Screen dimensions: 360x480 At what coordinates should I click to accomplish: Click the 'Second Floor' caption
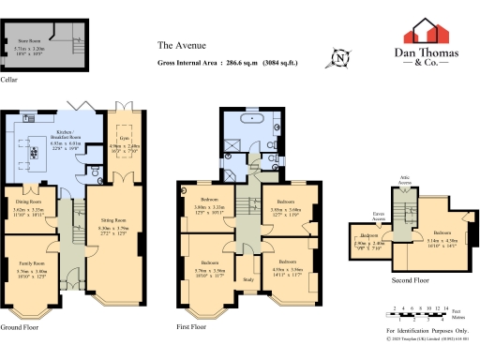pyautogui.click(x=410, y=279)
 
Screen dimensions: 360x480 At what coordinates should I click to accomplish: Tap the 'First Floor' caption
pyautogui.click(x=191, y=327)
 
